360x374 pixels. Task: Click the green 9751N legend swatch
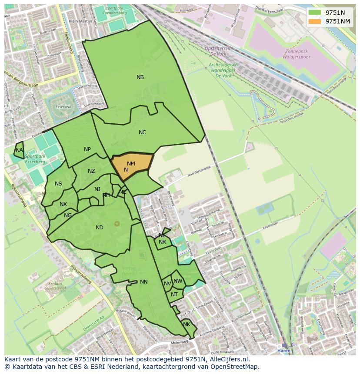315,13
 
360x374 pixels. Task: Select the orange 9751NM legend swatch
315,21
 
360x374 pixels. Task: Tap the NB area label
140,77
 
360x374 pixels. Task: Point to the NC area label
142,132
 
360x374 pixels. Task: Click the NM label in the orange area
131,164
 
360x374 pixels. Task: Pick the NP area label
87,149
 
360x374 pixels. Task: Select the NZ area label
91,171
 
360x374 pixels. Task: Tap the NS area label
58,184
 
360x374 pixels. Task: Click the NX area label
63,204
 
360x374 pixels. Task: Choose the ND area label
100,228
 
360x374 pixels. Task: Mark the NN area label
144,282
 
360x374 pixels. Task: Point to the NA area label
19,150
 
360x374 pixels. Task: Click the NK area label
187,324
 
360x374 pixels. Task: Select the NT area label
174,295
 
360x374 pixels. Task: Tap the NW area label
178,281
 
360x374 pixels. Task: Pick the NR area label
162,242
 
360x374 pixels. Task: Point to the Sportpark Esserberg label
35,159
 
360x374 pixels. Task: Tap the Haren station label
284,351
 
